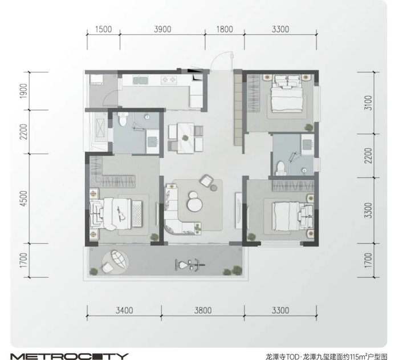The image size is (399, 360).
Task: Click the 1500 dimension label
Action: tap(104, 29)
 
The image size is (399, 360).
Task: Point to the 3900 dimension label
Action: tap(162, 29)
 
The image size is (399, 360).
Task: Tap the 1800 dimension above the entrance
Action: tap(225, 29)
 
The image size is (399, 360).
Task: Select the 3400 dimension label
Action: tap(124, 310)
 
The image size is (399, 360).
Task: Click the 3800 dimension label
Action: tap(203, 310)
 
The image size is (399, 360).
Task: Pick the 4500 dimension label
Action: tap(23, 198)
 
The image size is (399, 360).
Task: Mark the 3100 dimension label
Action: tap(368, 103)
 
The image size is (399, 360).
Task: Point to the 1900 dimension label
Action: tap(23, 91)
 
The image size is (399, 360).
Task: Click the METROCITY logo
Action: tap(70, 356)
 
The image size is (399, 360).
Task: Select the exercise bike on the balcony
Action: tap(190, 265)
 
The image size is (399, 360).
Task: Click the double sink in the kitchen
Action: tap(140, 80)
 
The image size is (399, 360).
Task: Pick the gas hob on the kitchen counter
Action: tap(169, 80)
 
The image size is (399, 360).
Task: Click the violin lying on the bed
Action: tap(120, 213)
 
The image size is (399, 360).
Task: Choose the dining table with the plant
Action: tap(185, 138)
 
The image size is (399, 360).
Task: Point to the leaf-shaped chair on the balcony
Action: tap(118, 259)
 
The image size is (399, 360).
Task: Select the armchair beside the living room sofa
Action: tap(206, 181)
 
